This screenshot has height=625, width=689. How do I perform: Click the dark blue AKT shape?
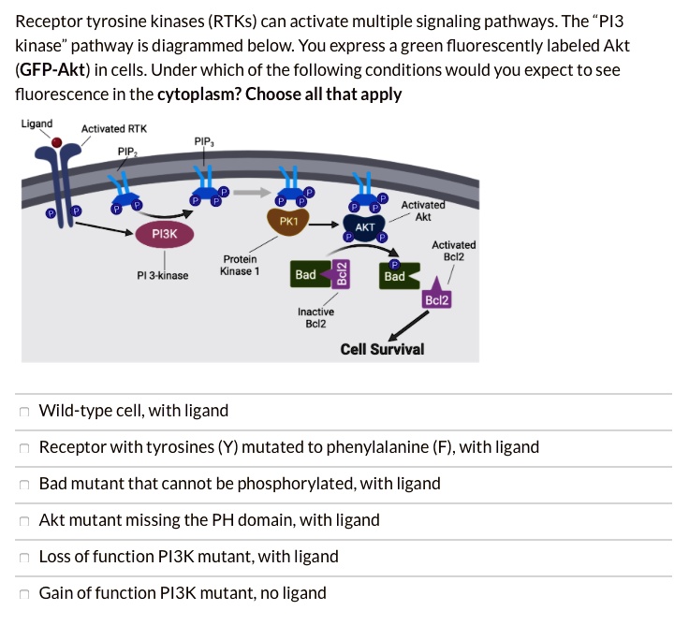[x=365, y=227]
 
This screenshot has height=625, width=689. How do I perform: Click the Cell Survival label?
[x=382, y=349]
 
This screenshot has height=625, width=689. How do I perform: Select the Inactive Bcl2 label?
[x=315, y=317]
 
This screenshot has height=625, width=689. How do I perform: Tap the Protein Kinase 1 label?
[x=240, y=265]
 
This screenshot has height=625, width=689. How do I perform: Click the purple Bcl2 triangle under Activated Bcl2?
[x=437, y=296]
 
